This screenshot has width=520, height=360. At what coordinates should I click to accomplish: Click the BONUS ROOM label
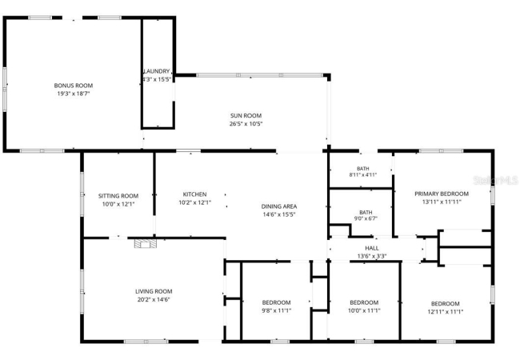click(74, 86)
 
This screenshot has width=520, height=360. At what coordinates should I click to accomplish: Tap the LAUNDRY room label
click(157, 71)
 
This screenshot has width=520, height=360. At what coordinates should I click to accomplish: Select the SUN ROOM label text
click(246, 116)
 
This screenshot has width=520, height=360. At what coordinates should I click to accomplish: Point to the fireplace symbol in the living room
click(146, 244)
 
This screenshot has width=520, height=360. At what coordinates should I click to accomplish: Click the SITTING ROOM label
click(118, 196)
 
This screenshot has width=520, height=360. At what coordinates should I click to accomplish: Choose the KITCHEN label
click(194, 194)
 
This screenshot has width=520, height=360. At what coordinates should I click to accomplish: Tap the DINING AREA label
click(279, 206)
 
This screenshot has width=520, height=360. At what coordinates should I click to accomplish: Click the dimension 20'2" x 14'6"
click(154, 300)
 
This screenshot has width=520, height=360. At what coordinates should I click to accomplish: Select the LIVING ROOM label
click(154, 292)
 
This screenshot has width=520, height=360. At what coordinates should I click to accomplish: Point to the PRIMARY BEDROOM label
click(442, 194)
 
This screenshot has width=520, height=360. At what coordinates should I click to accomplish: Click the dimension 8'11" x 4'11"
click(363, 174)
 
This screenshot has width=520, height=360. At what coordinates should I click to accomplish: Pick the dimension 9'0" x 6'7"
click(366, 218)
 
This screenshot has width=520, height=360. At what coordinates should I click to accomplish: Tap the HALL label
click(372, 248)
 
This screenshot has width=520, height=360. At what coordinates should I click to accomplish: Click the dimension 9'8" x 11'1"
click(276, 310)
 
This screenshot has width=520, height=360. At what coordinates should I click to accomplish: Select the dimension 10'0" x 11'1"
click(364, 310)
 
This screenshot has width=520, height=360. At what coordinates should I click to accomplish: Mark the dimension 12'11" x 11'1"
click(446, 312)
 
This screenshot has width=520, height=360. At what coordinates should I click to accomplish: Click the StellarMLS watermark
click(495, 180)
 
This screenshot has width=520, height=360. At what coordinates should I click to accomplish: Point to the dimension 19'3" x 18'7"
click(74, 94)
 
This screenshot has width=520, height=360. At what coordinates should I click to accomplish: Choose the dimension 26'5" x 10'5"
click(246, 124)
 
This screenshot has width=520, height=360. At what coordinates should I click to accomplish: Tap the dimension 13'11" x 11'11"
click(442, 202)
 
